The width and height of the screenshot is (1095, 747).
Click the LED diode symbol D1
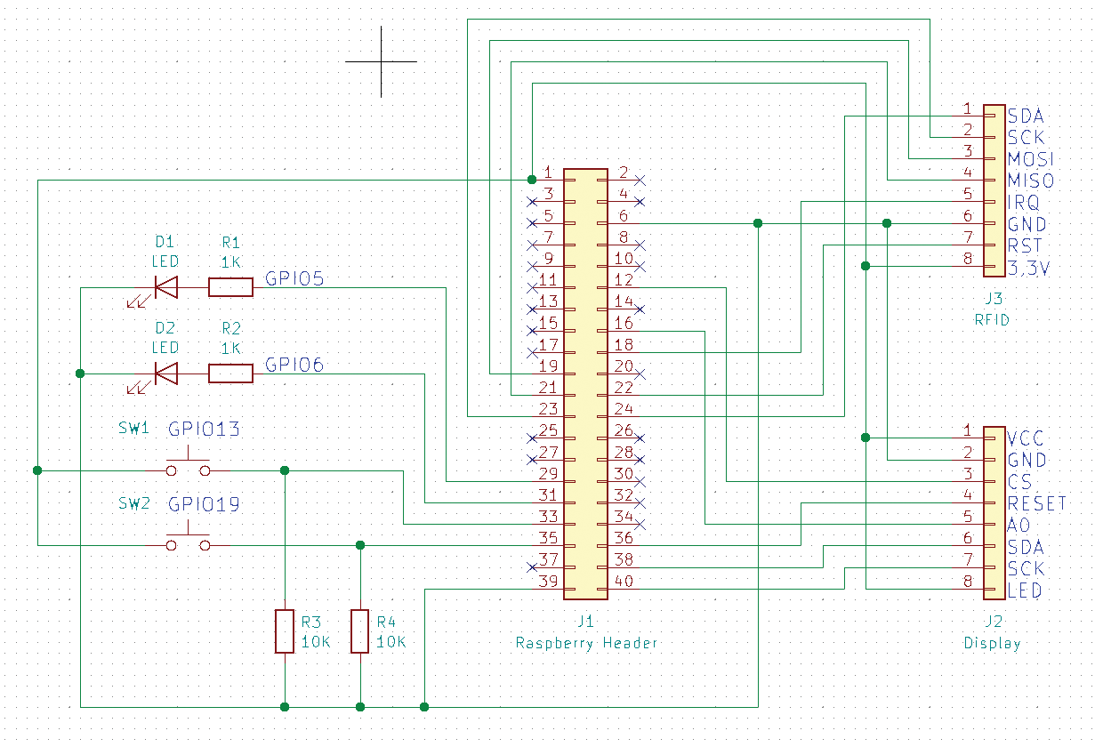pyautogui.click(x=165, y=287)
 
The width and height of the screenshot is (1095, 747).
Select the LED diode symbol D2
pyautogui.click(x=165, y=373)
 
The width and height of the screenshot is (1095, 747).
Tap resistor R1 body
pyautogui.click(x=230, y=287)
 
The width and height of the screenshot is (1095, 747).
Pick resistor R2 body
pyautogui.click(x=230, y=373)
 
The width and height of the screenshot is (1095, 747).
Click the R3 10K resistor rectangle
pyautogui.click(x=285, y=631)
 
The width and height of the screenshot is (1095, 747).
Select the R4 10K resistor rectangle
pyautogui.click(x=359, y=631)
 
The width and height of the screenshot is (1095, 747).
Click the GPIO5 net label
pyautogui.click(x=294, y=278)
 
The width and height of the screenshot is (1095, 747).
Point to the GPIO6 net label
pyautogui.click(x=294, y=365)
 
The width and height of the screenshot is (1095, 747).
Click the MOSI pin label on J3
pyautogui.click(x=1030, y=159)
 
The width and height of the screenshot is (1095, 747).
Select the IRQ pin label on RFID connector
pyautogui.click(x=1023, y=202)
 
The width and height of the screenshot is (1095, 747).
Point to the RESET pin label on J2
pyautogui.click(x=1037, y=503)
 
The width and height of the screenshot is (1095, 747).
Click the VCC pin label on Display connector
pyautogui.click(x=1026, y=438)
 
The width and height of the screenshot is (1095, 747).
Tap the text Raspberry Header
pyautogui.click(x=586, y=644)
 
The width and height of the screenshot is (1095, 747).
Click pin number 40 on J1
pyautogui.click(x=624, y=581)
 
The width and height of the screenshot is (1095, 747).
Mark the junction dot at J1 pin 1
pyautogui.click(x=532, y=180)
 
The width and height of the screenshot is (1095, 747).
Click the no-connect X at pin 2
pyautogui.click(x=640, y=181)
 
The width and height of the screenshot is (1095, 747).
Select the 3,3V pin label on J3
pyautogui.click(x=1028, y=269)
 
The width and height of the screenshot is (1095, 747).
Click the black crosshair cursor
pyautogui.click(x=382, y=61)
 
